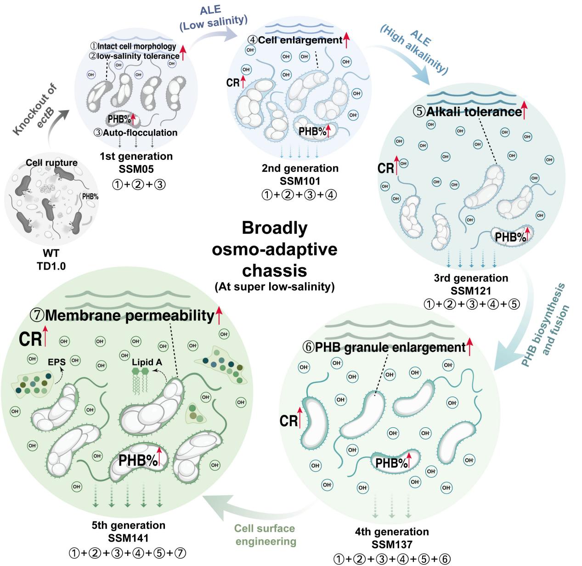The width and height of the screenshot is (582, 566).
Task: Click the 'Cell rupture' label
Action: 51,163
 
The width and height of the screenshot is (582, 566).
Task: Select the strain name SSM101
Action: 299,181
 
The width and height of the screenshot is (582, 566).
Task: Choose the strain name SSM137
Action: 392,544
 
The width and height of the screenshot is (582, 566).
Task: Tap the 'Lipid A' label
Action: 147,362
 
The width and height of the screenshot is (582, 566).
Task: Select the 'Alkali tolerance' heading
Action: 474,112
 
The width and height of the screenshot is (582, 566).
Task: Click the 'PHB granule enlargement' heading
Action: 390,347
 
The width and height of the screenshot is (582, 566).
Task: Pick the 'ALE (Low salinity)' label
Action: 213,18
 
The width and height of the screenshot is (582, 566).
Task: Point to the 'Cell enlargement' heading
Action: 300,40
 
